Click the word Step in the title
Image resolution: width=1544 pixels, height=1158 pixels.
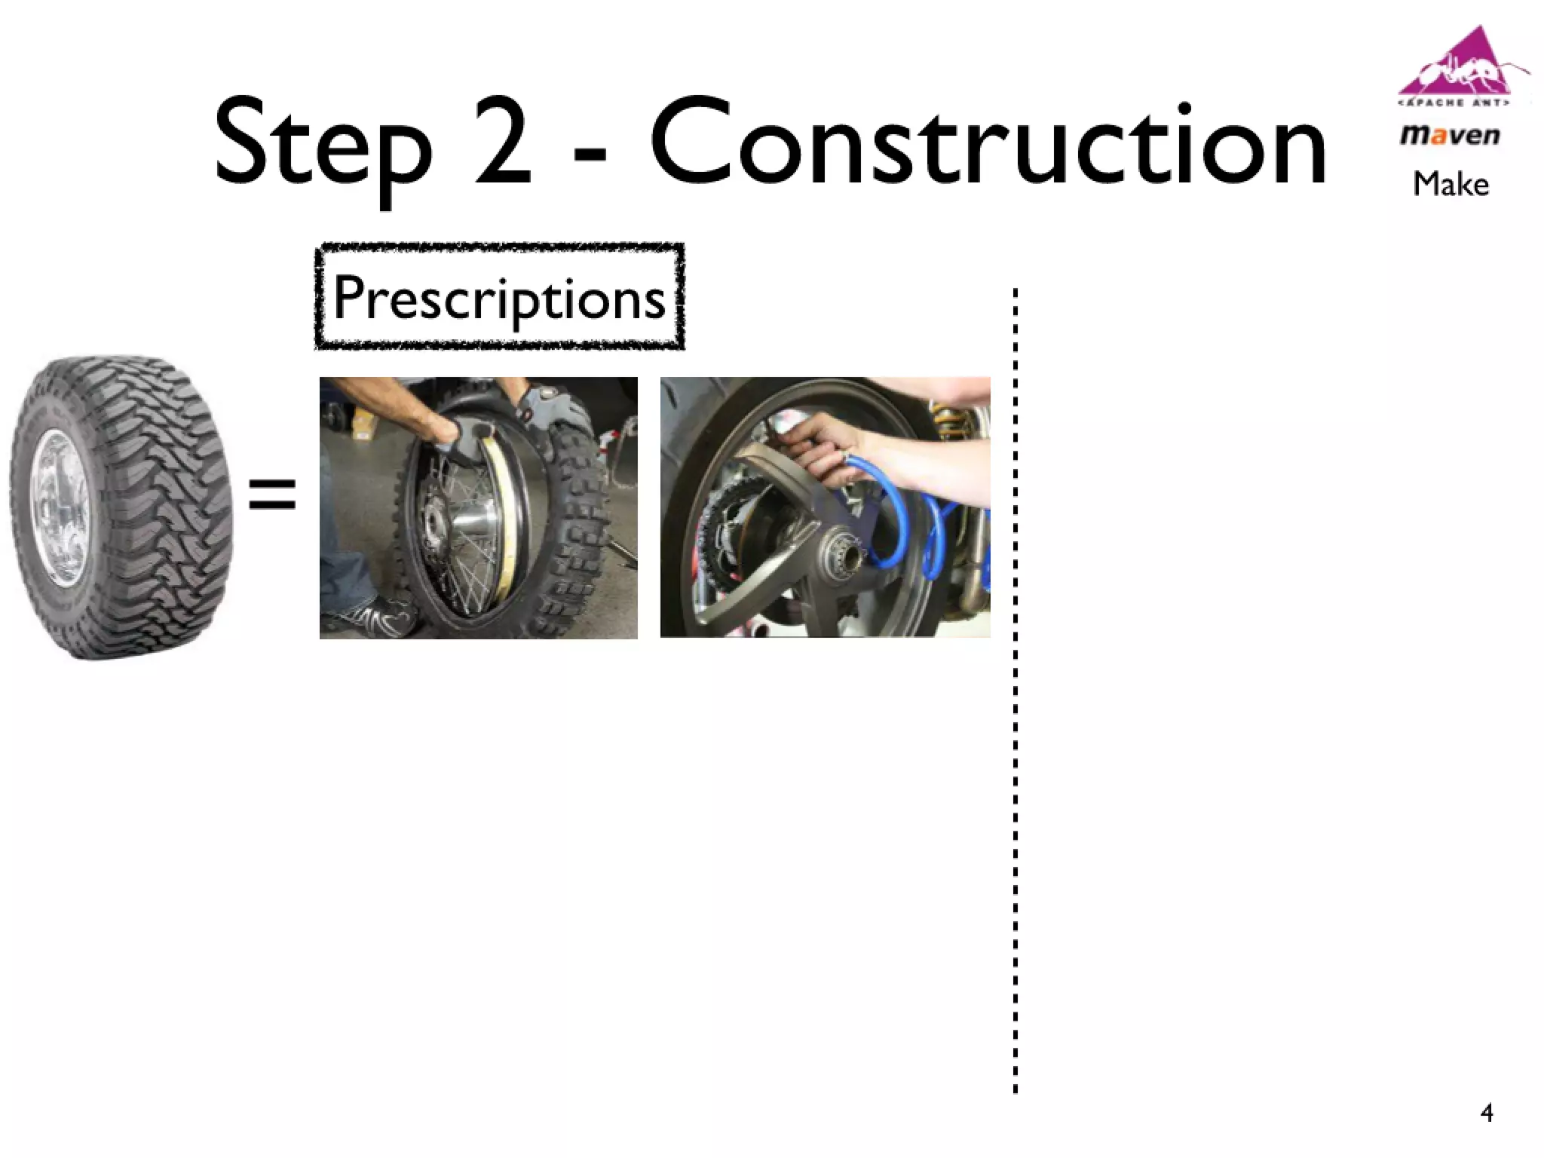[323, 146]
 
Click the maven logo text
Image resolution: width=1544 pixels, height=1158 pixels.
[1450, 136]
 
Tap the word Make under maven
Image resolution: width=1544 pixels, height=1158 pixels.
[1451, 184]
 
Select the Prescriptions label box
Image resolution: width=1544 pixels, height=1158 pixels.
[499, 297]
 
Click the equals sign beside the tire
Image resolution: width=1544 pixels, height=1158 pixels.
[272, 494]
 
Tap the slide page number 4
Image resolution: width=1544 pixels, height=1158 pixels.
[1487, 1113]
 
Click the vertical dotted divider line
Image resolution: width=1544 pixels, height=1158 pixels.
[1016, 690]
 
